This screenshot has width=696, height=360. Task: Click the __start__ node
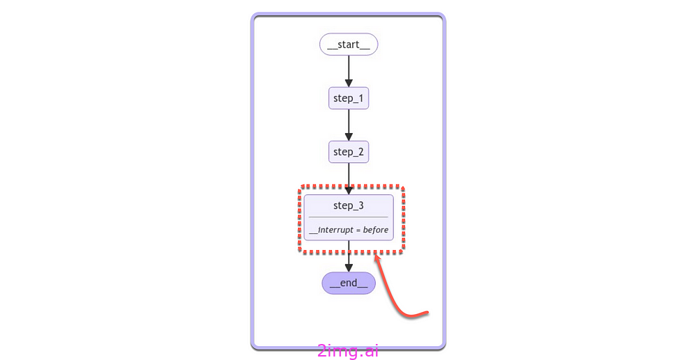tap(349, 45)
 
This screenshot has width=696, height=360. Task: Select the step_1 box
tap(349, 98)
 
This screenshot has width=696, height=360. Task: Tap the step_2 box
tap(349, 152)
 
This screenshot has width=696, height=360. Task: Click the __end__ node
tap(349, 283)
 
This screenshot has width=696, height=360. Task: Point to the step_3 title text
tap(349, 205)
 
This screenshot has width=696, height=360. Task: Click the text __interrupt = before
tap(349, 230)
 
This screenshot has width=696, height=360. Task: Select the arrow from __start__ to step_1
tap(349, 70)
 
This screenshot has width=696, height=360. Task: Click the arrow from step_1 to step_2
tap(349, 124)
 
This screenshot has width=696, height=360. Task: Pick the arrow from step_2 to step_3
tap(349, 176)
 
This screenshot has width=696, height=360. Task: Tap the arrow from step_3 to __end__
tap(349, 255)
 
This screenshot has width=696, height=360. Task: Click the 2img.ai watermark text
tap(348, 351)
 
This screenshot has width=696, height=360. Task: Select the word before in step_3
tap(376, 230)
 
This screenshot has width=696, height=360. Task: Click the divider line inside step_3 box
tap(349, 217)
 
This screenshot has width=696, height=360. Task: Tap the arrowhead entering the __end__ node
tap(349, 267)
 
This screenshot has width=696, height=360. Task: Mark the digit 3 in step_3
tap(361, 205)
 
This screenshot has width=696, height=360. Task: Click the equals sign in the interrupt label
tap(358, 230)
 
